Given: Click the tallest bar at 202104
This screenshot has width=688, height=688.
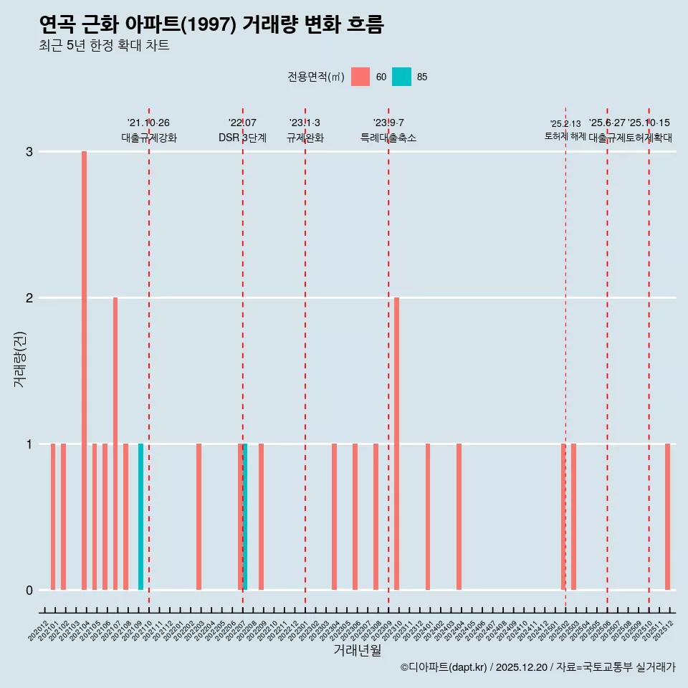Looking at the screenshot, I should [84, 370].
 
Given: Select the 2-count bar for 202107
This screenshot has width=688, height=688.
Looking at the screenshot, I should [115, 443].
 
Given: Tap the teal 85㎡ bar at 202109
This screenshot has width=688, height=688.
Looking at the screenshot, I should [140, 516].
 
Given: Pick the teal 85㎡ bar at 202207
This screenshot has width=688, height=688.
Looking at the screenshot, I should [245, 516].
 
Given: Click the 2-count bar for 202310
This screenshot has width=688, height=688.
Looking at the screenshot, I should [396, 443].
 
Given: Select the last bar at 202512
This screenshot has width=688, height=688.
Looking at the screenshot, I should [667, 516].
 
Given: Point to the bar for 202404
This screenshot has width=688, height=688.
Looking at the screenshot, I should [459, 516].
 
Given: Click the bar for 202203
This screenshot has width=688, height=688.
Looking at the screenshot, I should [199, 516].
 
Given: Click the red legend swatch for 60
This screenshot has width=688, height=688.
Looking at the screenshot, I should [360, 77].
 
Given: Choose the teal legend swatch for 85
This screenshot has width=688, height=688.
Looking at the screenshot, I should [401, 77].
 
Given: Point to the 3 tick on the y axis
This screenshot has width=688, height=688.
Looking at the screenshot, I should [29, 152].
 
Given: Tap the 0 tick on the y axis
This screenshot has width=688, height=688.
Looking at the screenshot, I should [29, 590].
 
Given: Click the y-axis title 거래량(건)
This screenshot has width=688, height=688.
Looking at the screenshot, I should [20, 358].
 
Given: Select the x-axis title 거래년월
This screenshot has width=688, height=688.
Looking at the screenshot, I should [357, 650].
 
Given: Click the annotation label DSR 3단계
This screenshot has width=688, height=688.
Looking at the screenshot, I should [242, 138].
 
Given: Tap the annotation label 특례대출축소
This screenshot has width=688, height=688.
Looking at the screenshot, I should [388, 138].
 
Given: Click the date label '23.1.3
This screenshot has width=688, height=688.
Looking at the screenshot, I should [305, 123].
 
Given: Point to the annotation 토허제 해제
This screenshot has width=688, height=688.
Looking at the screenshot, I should [565, 136].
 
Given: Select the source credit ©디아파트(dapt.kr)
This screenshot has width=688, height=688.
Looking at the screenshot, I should [444, 667].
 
